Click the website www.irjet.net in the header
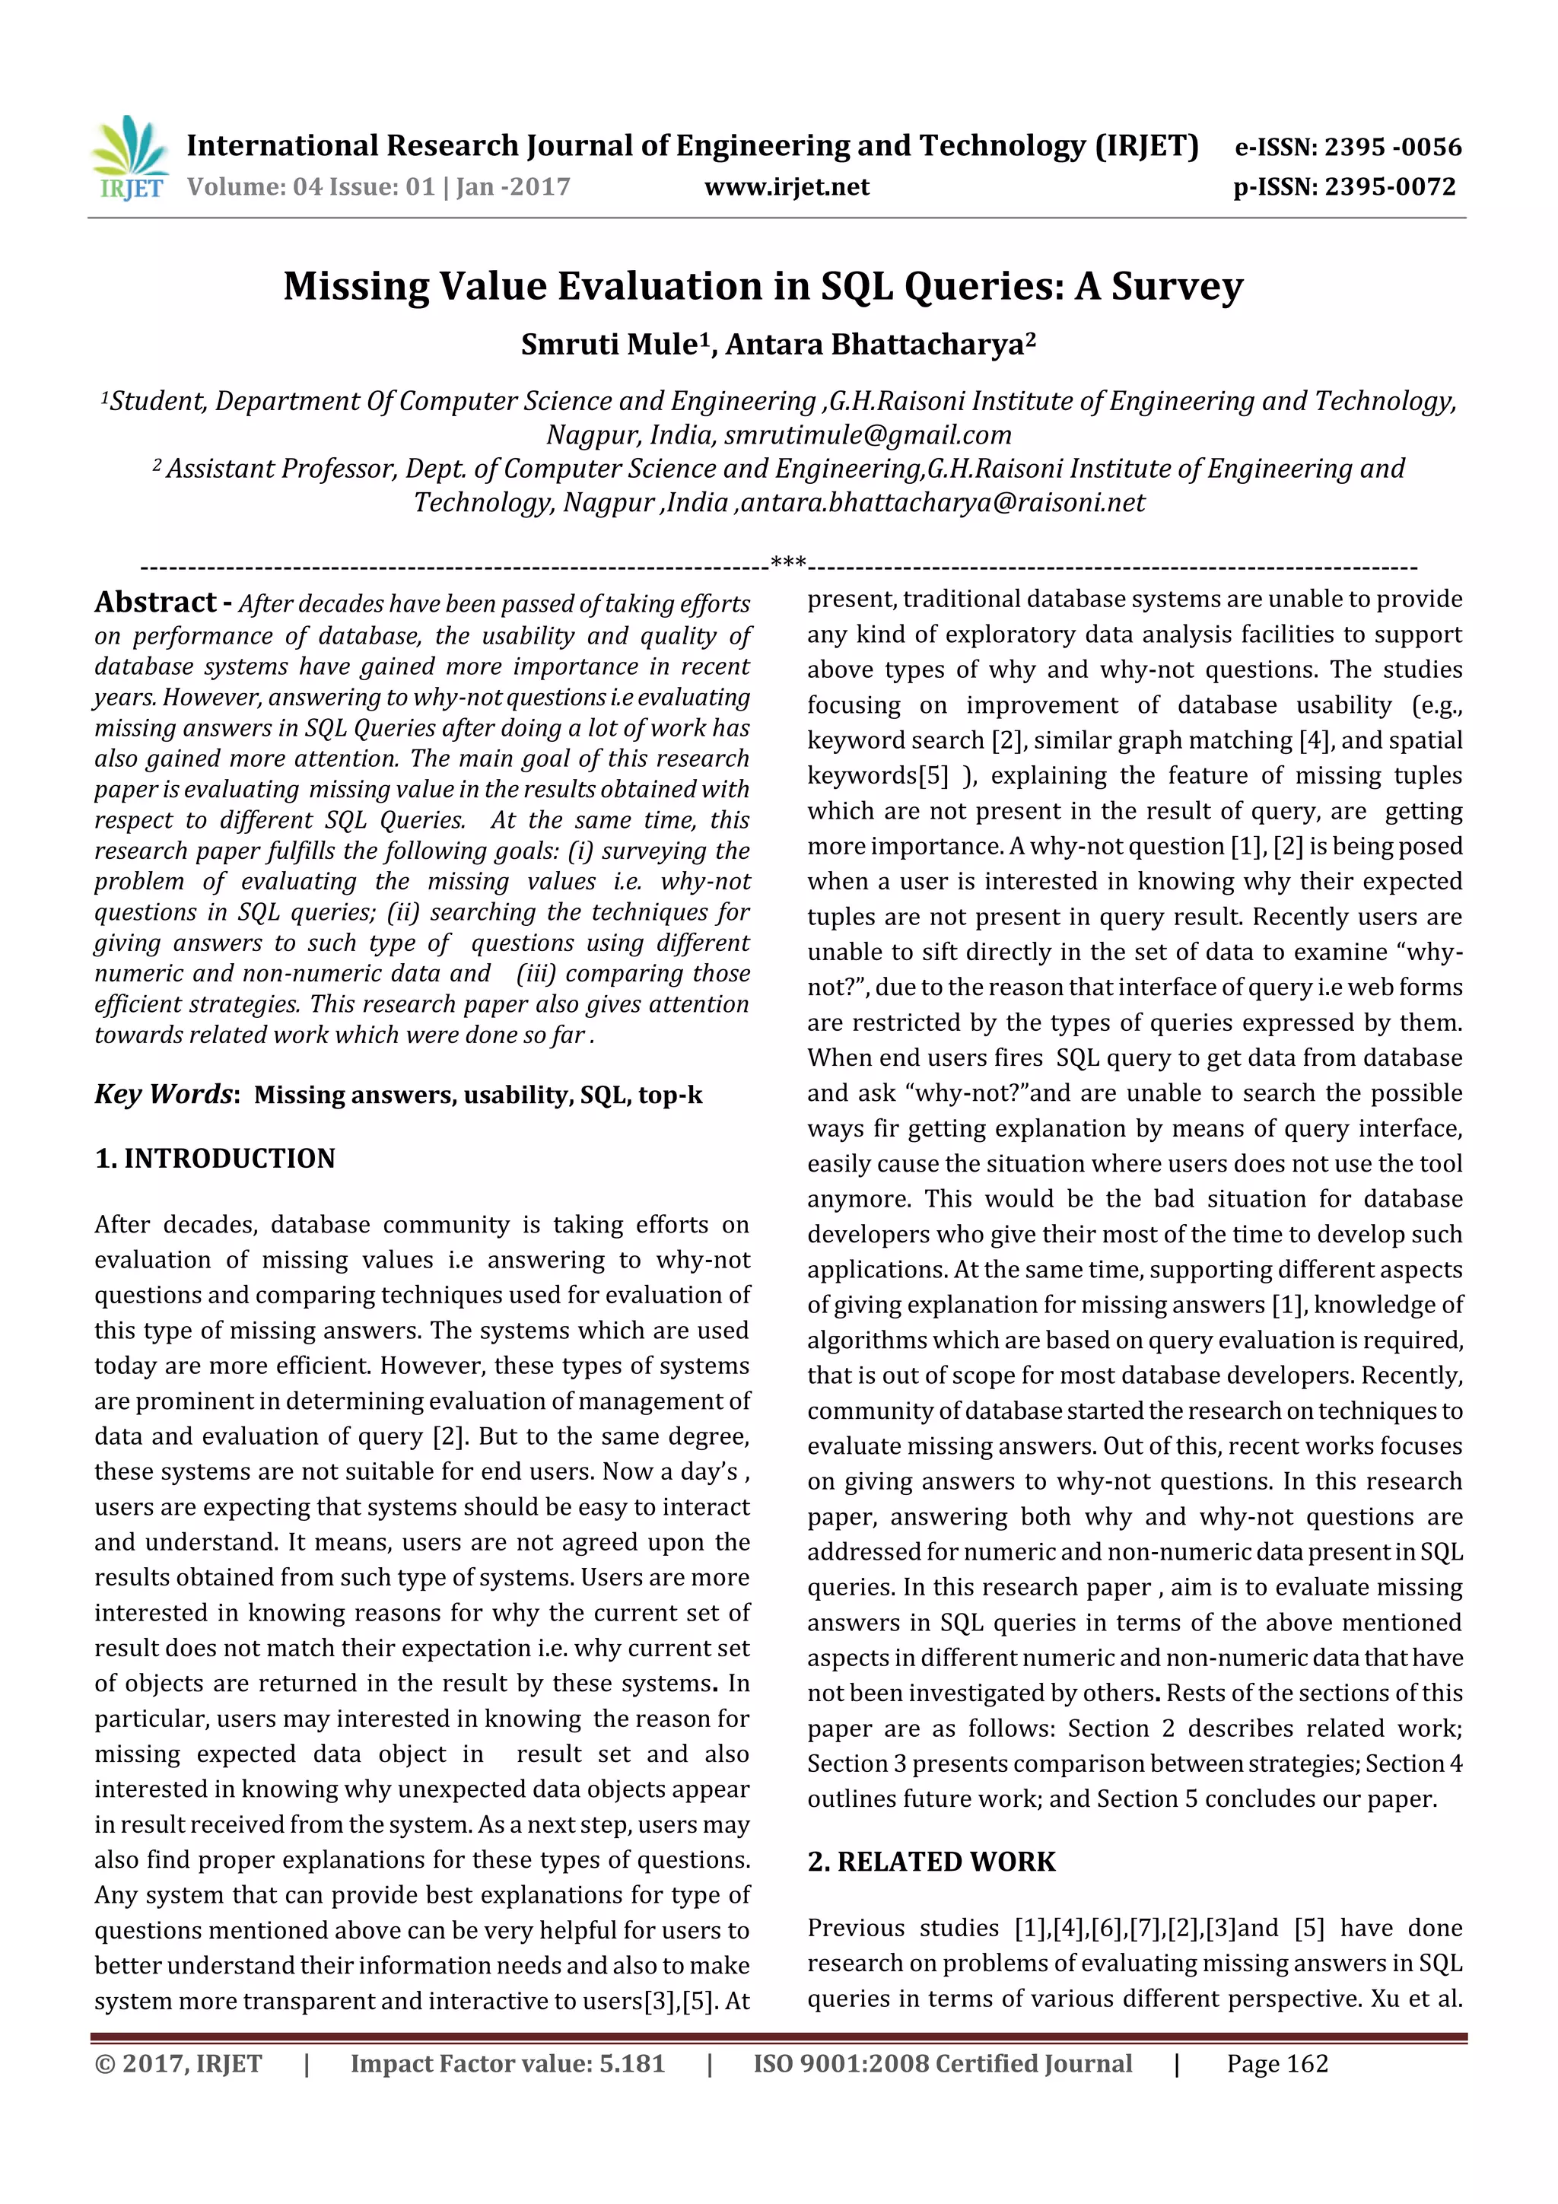(786, 187)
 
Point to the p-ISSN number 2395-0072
(1389, 187)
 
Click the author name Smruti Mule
(606, 345)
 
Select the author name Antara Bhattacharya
(876, 345)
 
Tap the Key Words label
(164, 1094)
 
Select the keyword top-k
(670, 1096)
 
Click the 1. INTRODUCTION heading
(215, 1159)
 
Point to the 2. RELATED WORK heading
(930, 1862)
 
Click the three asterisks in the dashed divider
(788, 562)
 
